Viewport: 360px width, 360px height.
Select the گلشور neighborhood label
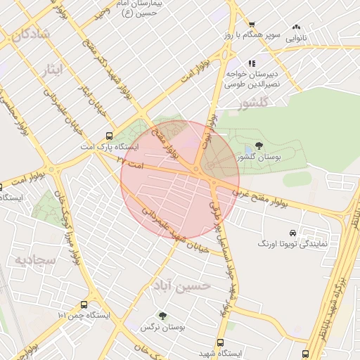(253, 104)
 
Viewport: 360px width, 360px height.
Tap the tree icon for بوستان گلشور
(259, 146)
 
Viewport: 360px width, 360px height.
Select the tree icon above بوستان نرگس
(162, 316)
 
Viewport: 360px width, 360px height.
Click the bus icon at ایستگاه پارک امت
(108, 136)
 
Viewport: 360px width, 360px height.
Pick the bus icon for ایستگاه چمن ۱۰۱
(84, 305)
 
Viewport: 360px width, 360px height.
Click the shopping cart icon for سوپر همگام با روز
(251, 23)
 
